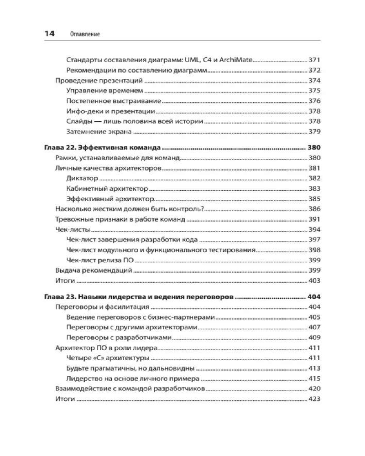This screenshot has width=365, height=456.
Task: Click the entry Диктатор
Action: [x=82, y=178]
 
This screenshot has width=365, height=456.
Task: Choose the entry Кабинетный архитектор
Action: [x=107, y=188]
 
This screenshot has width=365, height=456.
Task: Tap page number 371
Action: [x=315, y=60]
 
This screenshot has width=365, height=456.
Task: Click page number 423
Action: [x=315, y=399]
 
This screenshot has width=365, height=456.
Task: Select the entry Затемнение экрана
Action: [x=99, y=132]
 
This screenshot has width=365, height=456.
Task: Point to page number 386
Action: [x=315, y=209]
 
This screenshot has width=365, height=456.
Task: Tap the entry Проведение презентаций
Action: [x=99, y=81]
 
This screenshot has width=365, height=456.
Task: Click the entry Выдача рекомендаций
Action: [x=93, y=270]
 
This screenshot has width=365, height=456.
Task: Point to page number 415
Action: [x=315, y=378]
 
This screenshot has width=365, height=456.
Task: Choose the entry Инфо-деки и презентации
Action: [x=110, y=111]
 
